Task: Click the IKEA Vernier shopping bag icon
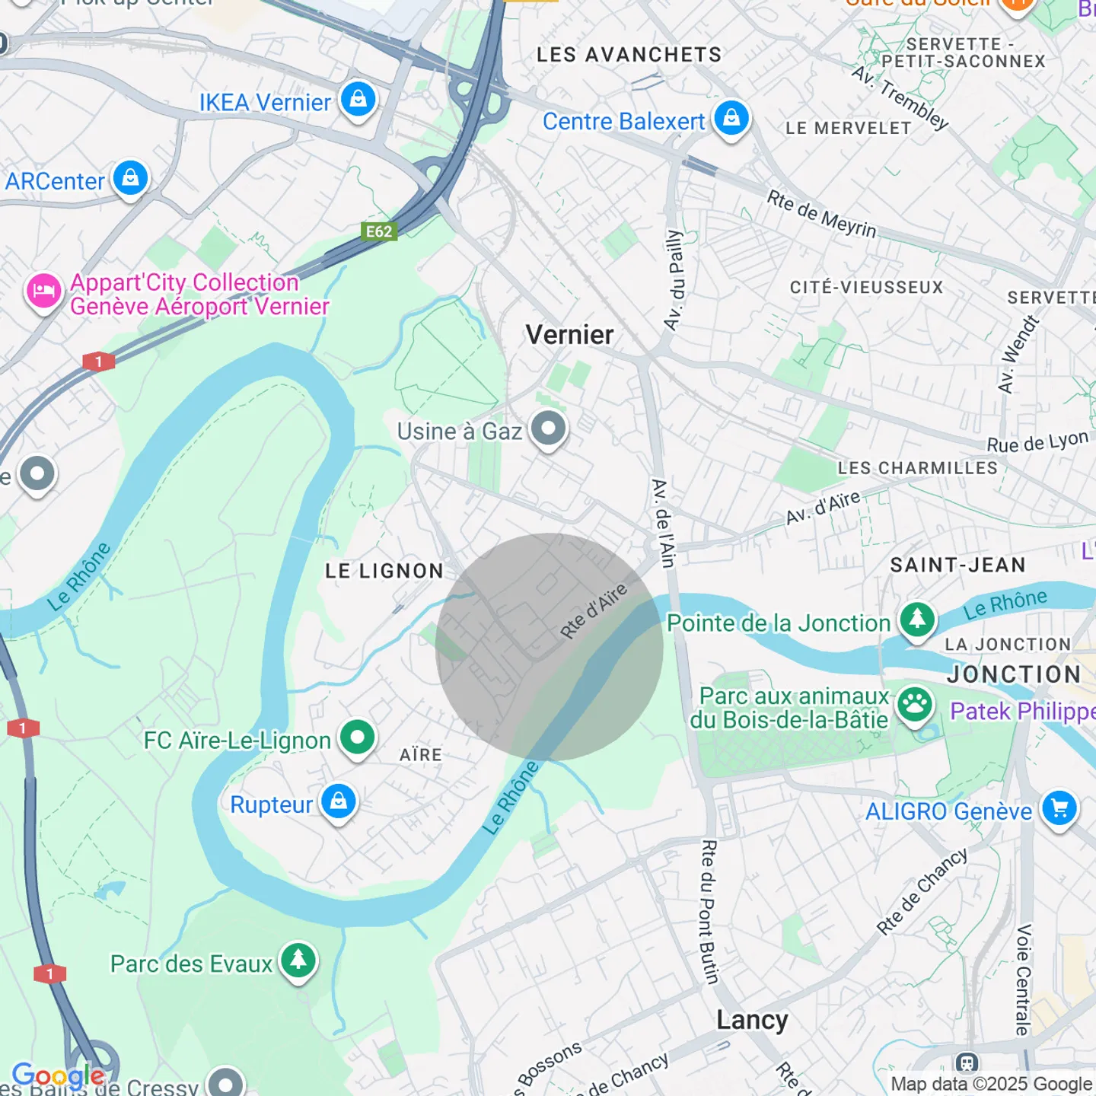click(358, 100)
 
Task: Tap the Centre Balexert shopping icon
click(731, 119)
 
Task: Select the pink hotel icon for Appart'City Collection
click(43, 292)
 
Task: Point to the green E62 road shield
click(378, 231)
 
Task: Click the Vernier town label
click(569, 335)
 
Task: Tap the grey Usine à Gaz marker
click(548, 429)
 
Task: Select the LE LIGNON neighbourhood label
click(384, 571)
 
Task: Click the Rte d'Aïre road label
click(594, 611)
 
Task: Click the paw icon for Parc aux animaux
click(914, 706)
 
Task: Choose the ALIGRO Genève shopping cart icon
click(1059, 809)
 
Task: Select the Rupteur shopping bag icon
click(339, 802)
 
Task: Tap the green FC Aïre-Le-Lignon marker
click(357, 738)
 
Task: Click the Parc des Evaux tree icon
click(298, 961)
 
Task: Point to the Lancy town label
click(752, 1020)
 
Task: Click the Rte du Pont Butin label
click(709, 912)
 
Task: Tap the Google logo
click(58, 1075)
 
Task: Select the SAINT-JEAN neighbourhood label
click(957, 565)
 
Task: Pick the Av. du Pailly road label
click(674, 280)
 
